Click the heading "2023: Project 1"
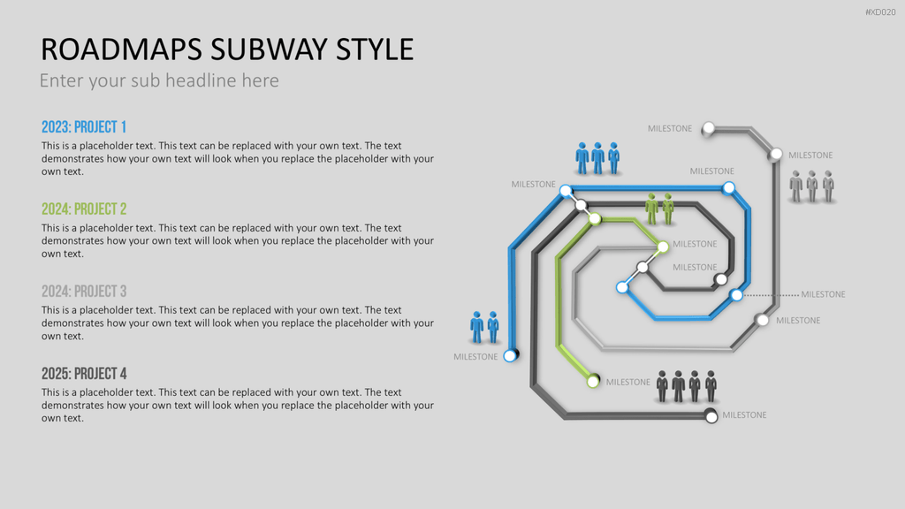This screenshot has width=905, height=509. (84, 127)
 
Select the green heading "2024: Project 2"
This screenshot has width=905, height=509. (84, 209)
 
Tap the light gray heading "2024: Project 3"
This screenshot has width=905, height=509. (84, 292)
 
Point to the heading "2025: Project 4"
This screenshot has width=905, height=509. (84, 374)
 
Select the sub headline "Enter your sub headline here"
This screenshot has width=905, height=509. (159, 80)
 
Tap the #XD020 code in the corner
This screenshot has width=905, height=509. (880, 12)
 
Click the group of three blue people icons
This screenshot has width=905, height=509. (598, 158)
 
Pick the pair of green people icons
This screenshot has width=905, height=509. (659, 209)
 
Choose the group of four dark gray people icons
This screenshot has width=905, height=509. (686, 387)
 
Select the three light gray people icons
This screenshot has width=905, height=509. (812, 186)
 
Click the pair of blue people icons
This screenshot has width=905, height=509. (485, 328)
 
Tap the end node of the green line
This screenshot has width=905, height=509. (593, 381)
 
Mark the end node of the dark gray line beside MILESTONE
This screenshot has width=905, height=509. (711, 416)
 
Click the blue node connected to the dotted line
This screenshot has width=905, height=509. (736, 295)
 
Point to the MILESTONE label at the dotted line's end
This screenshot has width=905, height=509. (823, 294)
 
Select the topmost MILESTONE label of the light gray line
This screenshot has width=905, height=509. (670, 129)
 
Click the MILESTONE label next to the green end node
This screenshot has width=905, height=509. (628, 382)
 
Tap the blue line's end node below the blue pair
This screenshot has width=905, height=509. (510, 355)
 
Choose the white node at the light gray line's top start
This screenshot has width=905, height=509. (708, 128)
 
